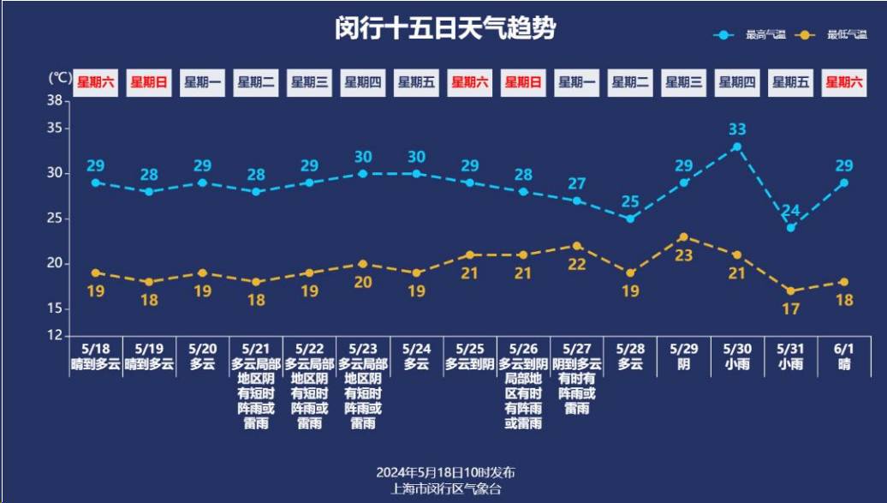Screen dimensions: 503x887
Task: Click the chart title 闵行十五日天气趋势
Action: click(x=444, y=28)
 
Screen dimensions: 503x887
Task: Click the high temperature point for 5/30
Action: click(x=737, y=147)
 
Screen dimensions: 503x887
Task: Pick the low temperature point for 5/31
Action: click(x=791, y=291)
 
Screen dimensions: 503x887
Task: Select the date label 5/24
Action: click(x=416, y=349)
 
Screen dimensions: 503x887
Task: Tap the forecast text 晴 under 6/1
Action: click(x=844, y=364)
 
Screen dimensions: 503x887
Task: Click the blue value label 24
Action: click(x=790, y=211)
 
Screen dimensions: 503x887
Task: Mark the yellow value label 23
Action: click(x=683, y=254)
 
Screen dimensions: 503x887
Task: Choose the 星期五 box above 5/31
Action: click(x=790, y=83)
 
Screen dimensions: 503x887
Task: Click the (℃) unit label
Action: click(x=59, y=78)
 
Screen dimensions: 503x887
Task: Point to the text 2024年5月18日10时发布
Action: click(x=445, y=472)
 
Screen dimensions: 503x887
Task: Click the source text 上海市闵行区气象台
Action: click(x=445, y=488)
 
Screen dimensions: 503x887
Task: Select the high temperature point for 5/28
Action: click(x=630, y=219)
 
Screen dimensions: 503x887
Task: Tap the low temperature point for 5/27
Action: click(x=577, y=246)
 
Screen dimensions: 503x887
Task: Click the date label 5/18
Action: click(x=96, y=349)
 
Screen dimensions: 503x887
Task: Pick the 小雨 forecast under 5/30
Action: click(x=737, y=364)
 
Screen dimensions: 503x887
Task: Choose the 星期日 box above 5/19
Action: click(x=149, y=83)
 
